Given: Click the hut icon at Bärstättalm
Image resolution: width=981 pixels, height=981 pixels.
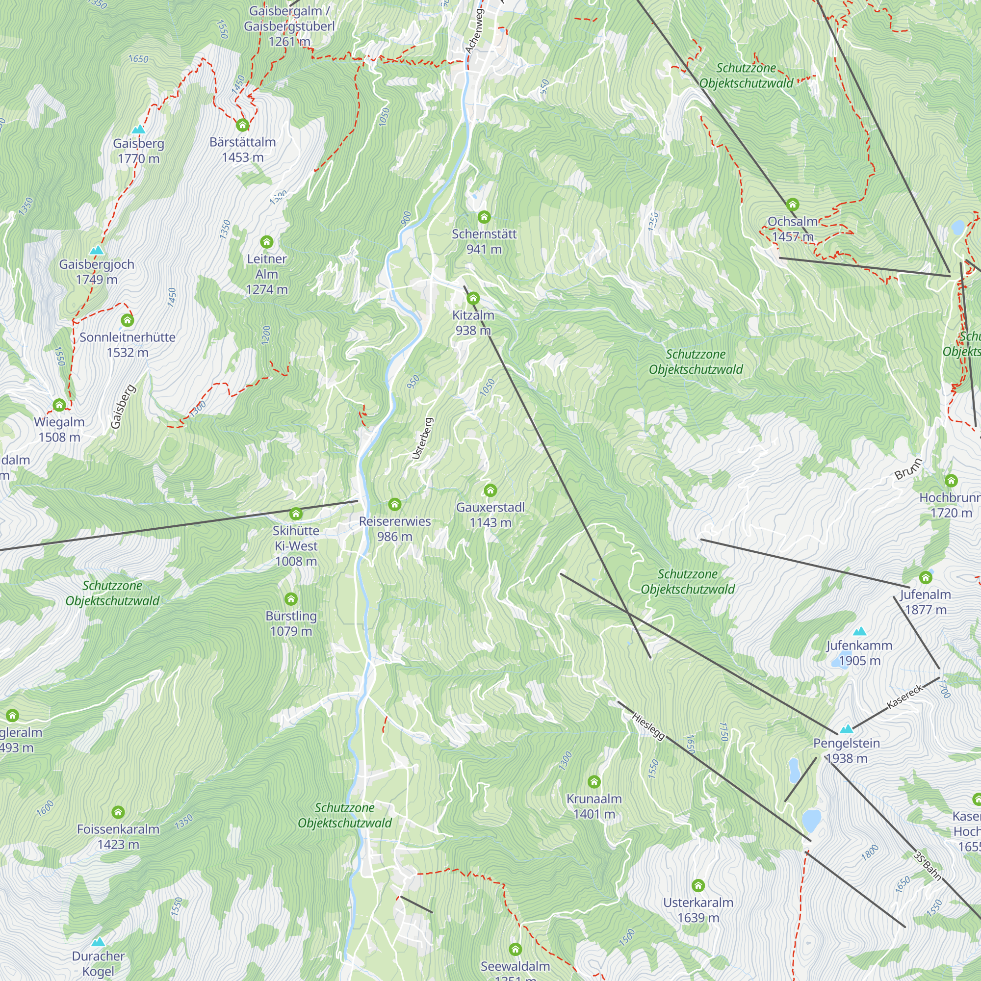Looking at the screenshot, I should (x=242, y=125).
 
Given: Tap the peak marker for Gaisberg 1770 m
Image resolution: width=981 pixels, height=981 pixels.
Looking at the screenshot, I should (x=138, y=130).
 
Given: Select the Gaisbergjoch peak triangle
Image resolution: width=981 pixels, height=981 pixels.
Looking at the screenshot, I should (x=97, y=250).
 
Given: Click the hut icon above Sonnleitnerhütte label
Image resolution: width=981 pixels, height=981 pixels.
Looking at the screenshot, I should (x=128, y=320).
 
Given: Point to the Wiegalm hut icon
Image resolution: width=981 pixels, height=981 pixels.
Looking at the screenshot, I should (x=59, y=405).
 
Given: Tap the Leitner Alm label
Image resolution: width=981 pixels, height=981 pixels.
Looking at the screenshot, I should (x=266, y=274).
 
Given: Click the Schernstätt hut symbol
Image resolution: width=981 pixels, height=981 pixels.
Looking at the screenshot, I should (x=484, y=217).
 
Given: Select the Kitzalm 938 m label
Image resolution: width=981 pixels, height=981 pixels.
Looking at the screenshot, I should (x=473, y=322).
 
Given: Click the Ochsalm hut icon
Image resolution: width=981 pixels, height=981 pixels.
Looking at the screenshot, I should (x=793, y=205).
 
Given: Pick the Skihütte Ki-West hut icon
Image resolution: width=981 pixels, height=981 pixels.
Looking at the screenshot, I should (x=296, y=514).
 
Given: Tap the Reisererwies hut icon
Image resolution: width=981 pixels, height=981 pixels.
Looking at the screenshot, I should (x=394, y=504).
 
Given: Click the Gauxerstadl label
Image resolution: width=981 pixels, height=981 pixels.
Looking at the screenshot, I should (x=490, y=515).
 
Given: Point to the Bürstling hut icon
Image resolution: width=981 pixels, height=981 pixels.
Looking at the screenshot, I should (x=291, y=599).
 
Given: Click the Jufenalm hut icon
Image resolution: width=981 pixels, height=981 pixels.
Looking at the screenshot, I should (x=926, y=577).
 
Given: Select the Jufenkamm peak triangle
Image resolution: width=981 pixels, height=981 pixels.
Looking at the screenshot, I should (x=859, y=632).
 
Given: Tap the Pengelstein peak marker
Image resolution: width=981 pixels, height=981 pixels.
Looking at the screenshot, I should (x=846, y=730).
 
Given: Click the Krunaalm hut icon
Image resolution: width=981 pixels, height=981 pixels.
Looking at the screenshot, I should (x=594, y=781).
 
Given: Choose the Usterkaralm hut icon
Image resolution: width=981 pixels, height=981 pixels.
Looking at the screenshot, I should (x=698, y=885).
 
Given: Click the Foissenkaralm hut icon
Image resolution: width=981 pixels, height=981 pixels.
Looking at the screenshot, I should (x=118, y=812).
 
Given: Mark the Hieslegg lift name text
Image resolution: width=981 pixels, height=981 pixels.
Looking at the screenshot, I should (x=648, y=726).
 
